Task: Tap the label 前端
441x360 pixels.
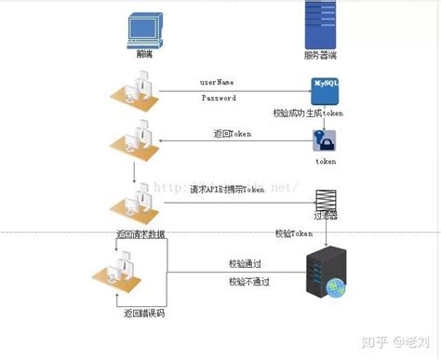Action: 137,56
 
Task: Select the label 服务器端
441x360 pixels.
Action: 321,56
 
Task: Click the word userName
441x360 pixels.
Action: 219,83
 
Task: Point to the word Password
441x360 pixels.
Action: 219,98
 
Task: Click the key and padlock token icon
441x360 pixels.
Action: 326,140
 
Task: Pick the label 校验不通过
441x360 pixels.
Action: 249,281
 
